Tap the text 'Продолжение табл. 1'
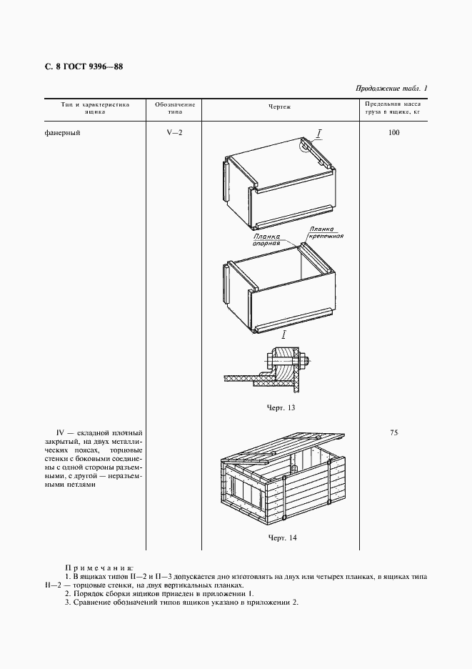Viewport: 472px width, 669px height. [x=390, y=89]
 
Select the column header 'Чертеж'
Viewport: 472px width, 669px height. [x=279, y=107]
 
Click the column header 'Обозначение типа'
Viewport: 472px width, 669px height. [x=175, y=108]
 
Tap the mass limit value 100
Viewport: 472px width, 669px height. [x=394, y=133]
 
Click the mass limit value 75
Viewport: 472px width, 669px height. [x=394, y=432]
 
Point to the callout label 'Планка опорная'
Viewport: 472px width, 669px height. [x=266, y=239]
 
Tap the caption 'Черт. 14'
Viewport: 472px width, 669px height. [x=281, y=537]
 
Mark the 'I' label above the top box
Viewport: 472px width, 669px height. [x=319, y=132]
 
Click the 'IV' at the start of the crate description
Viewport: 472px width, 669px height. [x=60, y=433]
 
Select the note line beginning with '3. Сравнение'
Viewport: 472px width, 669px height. [x=181, y=602]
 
